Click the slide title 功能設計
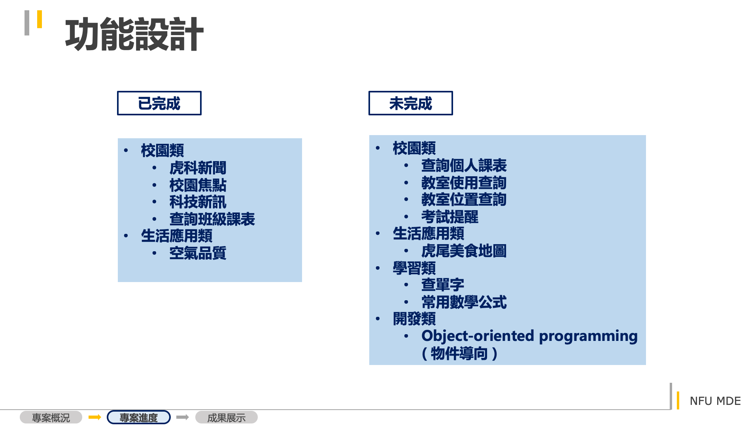(x=134, y=34)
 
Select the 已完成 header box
(x=159, y=103)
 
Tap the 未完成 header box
(x=410, y=103)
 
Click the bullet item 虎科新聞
(x=198, y=168)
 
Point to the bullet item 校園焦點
(x=198, y=185)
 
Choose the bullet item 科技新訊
(x=198, y=202)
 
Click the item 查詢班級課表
(x=212, y=219)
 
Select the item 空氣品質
(x=198, y=253)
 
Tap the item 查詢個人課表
(x=464, y=166)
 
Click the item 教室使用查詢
(x=464, y=183)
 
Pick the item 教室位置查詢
(x=464, y=199)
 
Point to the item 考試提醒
(x=450, y=217)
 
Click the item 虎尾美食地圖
(x=464, y=251)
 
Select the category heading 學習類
(x=414, y=268)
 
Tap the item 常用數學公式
(x=464, y=302)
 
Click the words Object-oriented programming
(x=529, y=336)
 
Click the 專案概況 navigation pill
(x=51, y=418)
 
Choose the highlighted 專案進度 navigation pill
(x=139, y=418)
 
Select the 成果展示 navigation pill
(x=227, y=418)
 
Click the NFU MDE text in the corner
(x=715, y=401)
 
